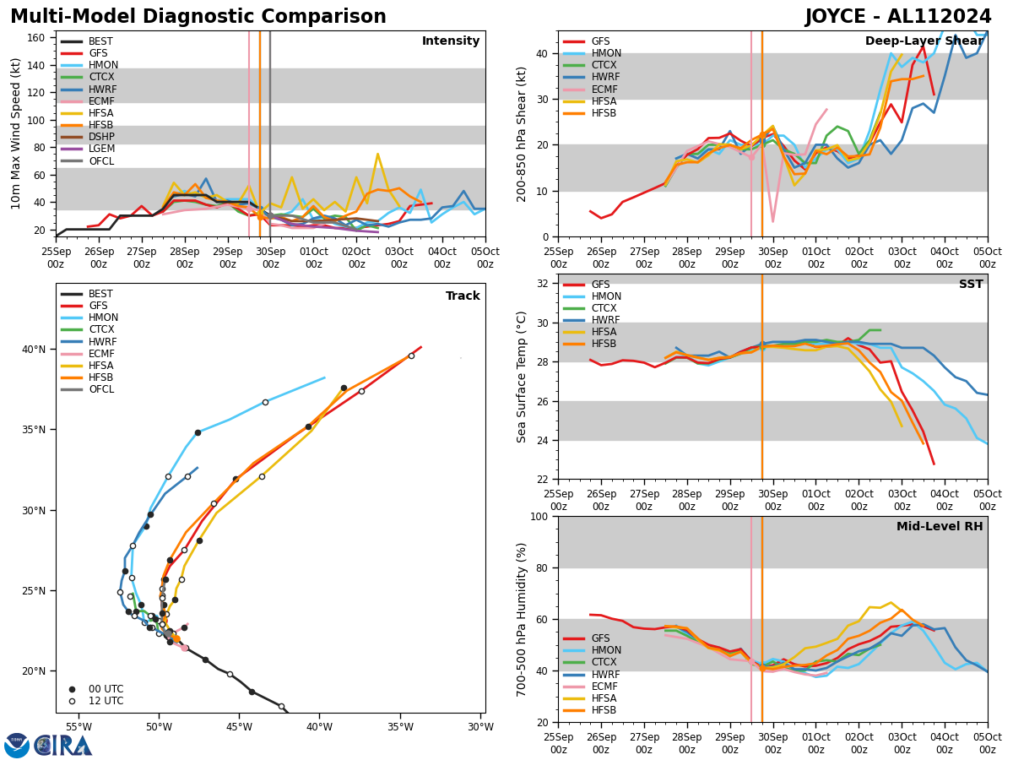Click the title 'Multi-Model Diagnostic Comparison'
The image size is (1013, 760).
click(x=198, y=17)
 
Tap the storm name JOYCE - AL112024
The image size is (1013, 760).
click(x=897, y=17)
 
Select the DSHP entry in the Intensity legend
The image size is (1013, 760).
click(x=101, y=137)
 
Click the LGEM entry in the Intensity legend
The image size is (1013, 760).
click(x=101, y=149)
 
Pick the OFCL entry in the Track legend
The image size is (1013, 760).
click(x=101, y=389)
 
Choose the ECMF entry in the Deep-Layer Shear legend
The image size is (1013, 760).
click(x=604, y=90)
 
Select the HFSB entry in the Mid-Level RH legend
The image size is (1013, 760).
click(x=604, y=710)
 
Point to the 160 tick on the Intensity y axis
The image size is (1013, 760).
click(x=41, y=38)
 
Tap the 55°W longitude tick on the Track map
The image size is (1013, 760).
click(x=79, y=727)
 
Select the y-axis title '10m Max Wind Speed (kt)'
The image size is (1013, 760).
click(x=16, y=133)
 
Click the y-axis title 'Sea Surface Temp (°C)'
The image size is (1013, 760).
click(x=522, y=376)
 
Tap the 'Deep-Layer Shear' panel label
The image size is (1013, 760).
click(x=924, y=41)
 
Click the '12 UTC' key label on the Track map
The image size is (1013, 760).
click(x=106, y=701)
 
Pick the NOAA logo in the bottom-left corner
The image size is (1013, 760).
click(x=17, y=746)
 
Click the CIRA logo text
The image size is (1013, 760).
click(x=64, y=746)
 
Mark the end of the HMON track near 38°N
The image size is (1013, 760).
click(x=325, y=377)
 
